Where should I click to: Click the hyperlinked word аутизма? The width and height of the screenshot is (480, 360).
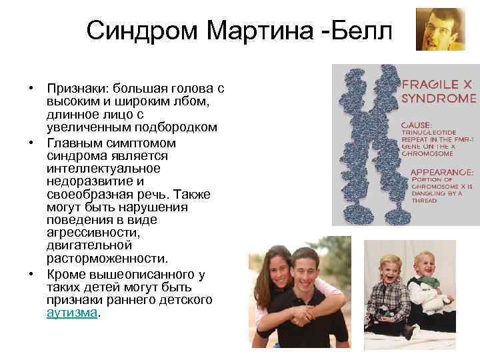click(x=71, y=312)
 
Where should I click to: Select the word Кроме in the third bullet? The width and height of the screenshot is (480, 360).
click(x=65, y=274)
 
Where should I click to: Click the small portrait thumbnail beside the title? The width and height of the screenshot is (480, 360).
click(x=440, y=29)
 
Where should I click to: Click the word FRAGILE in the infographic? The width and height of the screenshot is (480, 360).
click(x=429, y=85)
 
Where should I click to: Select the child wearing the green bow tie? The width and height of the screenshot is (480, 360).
click(x=427, y=287)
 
